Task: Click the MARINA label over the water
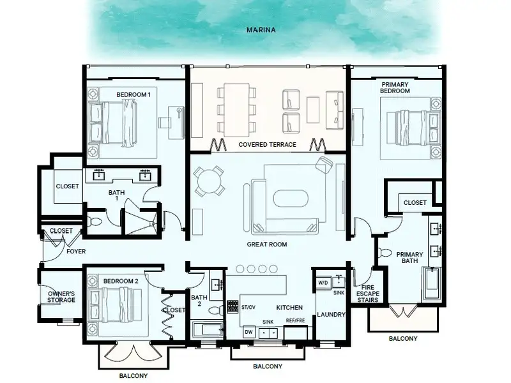(x=261, y=30)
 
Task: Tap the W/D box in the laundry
(x=323, y=282)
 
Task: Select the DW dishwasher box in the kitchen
(x=248, y=332)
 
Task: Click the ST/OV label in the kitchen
(x=248, y=307)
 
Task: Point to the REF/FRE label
(x=296, y=320)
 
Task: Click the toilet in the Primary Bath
(x=385, y=252)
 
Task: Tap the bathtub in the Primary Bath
(x=432, y=283)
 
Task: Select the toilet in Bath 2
(x=215, y=310)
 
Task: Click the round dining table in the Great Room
(x=209, y=181)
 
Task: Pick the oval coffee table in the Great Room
(x=291, y=199)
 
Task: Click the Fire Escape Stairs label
(x=368, y=294)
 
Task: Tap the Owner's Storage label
(x=61, y=297)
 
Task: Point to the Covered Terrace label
(x=267, y=145)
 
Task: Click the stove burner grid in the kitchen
(x=233, y=306)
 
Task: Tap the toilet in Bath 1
(x=94, y=222)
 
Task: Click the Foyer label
(x=76, y=252)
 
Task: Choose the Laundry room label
(x=331, y=314)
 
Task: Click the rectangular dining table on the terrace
(x=236, y=110)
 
